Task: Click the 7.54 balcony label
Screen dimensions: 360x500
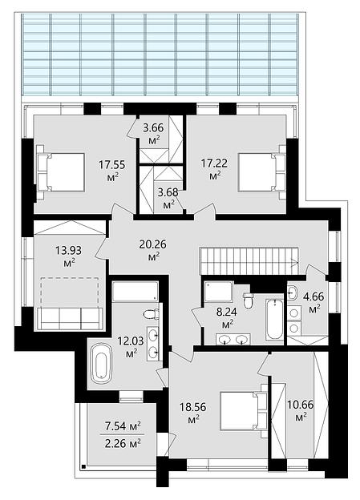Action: [123, 425]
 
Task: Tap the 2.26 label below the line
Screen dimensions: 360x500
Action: [123, 443]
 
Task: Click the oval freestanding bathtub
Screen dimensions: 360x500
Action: [102, 362]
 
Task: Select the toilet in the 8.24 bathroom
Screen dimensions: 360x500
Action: [249, 300]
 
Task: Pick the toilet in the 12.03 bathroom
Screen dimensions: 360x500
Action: [152, 314]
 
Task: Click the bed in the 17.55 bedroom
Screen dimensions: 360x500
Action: [61, 172]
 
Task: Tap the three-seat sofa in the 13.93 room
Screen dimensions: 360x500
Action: [71, 318]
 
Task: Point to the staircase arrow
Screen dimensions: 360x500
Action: [294, 263]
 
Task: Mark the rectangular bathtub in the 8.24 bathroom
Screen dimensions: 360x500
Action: [275, 320]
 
